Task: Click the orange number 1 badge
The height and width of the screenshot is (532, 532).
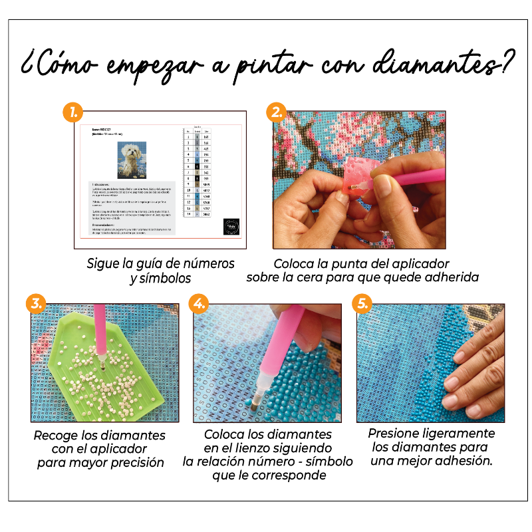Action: pos(72,111)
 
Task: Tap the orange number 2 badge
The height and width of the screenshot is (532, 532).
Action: pos(276,111)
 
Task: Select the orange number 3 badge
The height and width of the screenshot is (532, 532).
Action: pos(35,304)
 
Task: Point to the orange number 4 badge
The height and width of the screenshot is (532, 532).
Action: pos(198,304)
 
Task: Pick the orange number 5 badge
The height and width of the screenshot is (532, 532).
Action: pos(362,304)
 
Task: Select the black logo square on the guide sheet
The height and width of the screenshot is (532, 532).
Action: pos(231,225)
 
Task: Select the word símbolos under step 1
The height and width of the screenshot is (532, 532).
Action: pos(161,278)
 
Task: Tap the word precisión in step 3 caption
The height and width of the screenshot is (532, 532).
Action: pos(133,462)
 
